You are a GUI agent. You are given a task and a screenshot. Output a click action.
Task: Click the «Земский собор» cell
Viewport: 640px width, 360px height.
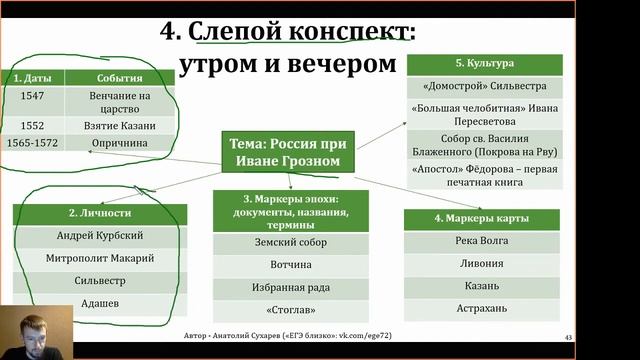pos(290,242)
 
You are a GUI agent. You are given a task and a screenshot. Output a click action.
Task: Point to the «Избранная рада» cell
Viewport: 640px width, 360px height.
pos(290,288)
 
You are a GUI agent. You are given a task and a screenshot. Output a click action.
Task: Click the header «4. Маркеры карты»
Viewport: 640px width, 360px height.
pos(479,219)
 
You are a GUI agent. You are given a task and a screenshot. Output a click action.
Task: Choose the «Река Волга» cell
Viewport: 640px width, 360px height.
pos(479,241)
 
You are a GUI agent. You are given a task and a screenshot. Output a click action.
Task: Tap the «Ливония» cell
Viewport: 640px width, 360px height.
pos(479,263)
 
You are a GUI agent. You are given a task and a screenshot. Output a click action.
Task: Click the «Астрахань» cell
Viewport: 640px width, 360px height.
pos(479,307)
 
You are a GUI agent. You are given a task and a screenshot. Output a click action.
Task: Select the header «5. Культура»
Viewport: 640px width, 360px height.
pos(483,63)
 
